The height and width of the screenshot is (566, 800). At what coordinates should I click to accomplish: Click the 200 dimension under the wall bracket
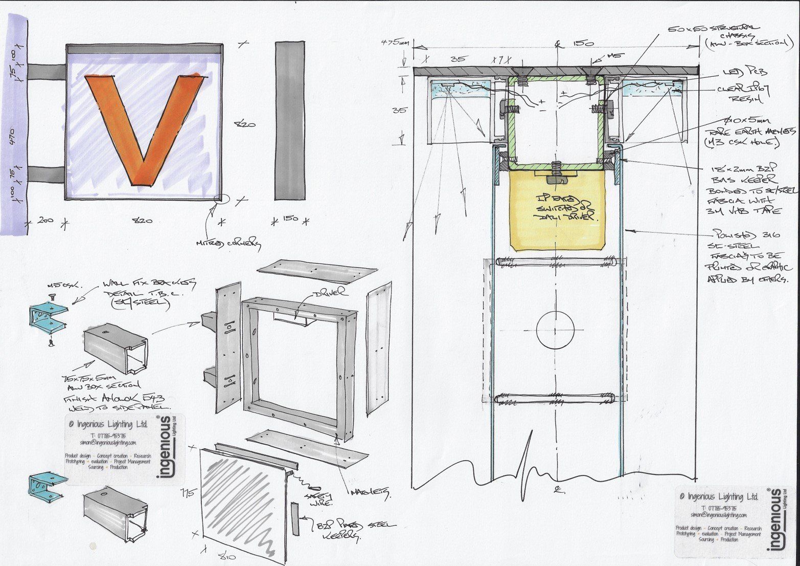tap(46, 220)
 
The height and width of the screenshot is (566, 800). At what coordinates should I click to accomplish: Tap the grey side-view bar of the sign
tap(290, 120)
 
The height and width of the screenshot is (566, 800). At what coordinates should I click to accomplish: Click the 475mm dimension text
tap(395, 42)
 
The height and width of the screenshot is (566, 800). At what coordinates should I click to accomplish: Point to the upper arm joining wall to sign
tap(45, 71)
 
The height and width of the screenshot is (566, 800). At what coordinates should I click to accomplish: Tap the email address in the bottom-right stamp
tap(718, 515)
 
